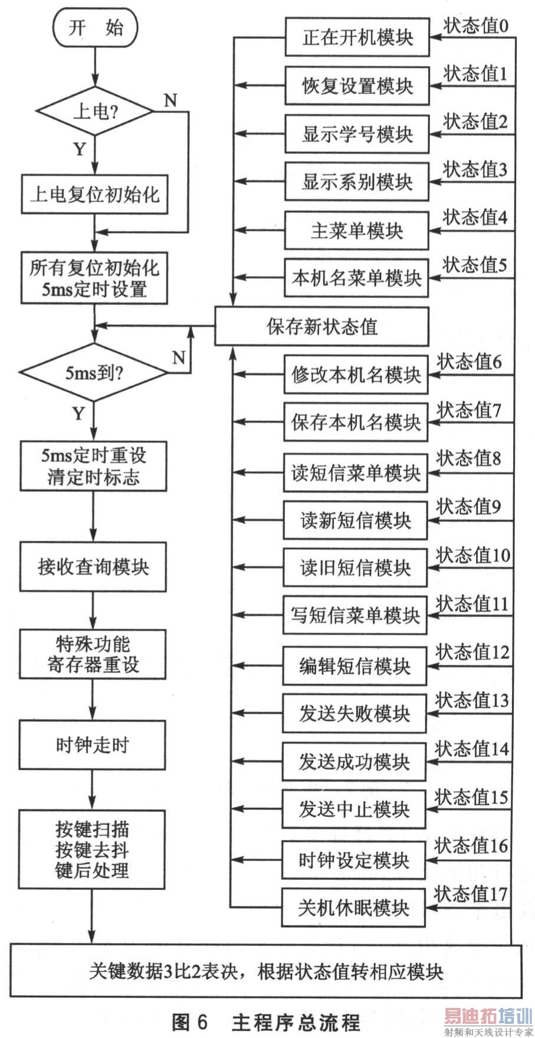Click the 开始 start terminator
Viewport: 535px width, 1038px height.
coord(95,28)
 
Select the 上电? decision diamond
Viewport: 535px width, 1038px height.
coord(95,111)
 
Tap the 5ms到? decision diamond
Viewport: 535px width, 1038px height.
coord(93,373)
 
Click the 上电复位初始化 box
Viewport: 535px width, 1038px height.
coord(94,194)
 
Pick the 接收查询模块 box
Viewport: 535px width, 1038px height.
coord(93,567)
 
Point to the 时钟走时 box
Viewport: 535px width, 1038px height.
coord(92,745)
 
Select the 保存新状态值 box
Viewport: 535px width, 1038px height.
coord(321,326)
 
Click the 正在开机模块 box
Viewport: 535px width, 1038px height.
coord(357,38)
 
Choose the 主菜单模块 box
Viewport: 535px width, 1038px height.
coord(356,230)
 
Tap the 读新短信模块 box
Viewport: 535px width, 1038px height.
coord(355,520)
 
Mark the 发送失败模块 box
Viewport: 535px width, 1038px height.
coord(354,713)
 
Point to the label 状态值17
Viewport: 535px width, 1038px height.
coord(471,894)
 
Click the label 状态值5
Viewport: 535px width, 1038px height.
coord(474,265)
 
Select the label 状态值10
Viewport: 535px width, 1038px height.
coord(473,556)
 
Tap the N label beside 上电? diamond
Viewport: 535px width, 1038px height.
coord(170,100)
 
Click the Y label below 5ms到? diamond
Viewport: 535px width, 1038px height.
coord(78,413)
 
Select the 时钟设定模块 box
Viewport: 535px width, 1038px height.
coord(353,860)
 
